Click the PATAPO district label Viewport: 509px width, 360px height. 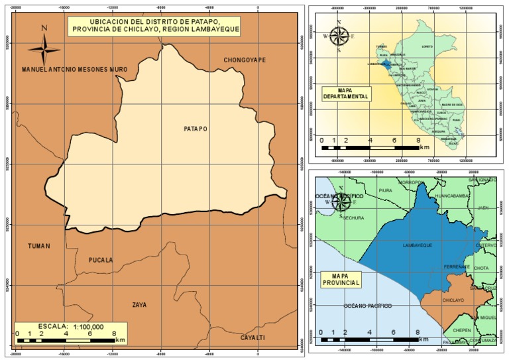(x=196, y=129)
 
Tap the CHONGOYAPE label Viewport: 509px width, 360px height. (x=245, y=60)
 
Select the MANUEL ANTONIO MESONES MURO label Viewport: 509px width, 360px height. (x=74, y=69)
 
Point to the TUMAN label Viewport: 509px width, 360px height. (x=39, y=246)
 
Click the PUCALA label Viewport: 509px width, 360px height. (x=101, y=260)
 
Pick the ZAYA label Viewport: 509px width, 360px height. (x=139, y=305)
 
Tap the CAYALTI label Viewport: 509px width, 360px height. (x=253, y=337)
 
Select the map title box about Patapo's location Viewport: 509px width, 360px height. (x=154, y=26)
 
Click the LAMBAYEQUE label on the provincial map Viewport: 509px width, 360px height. (x=418, y=245)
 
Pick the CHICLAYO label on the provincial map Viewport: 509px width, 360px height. (x=453, y=300)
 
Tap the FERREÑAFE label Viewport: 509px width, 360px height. (x=457, y=267)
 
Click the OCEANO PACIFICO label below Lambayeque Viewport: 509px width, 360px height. (x=367, y=306)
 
